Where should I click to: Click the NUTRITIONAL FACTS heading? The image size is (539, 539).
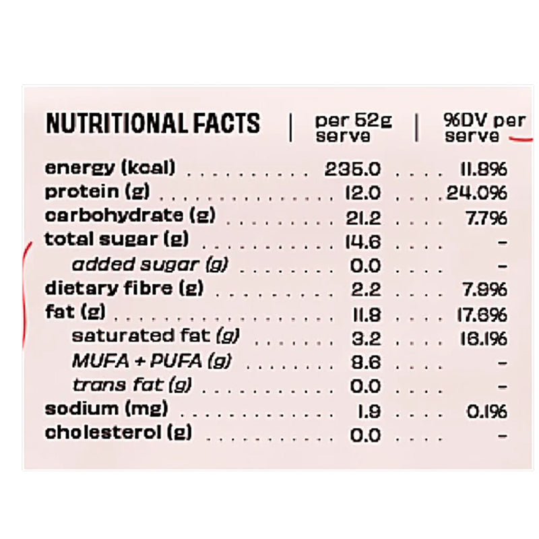point(152,123)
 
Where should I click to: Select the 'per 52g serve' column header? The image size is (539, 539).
point(353,127)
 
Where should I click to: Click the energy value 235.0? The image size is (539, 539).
point(353,168)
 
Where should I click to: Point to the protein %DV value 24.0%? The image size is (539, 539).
point(476,193)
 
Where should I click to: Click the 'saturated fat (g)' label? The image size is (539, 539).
point(156,336)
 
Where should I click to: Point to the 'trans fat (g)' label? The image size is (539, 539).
point(132,385)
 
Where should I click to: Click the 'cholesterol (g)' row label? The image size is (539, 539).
point(118,433)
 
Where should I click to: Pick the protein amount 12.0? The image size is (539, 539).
point(362,193)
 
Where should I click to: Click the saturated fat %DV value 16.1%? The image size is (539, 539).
point(484,338)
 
